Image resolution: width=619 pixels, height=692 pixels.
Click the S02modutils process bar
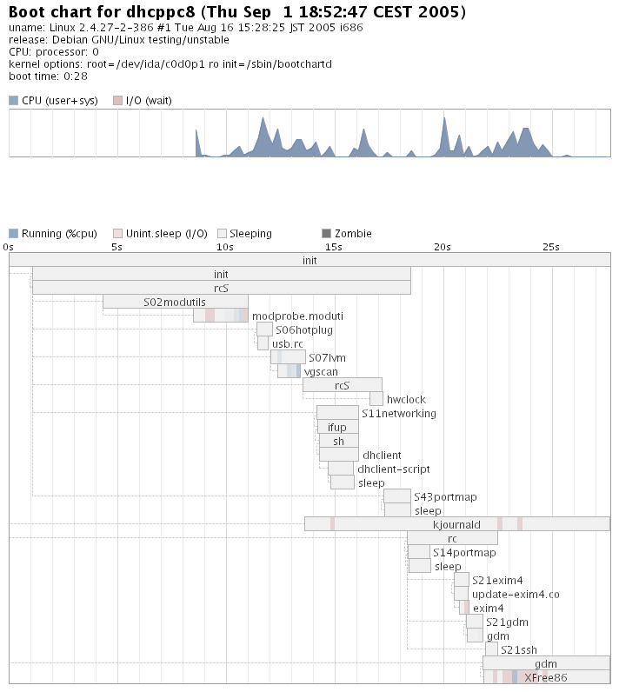175,302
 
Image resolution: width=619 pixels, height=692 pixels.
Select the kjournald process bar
456,524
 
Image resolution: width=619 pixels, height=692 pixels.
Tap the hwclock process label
406,399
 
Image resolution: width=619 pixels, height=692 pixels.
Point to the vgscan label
321,371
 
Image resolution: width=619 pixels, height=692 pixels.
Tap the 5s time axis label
117,247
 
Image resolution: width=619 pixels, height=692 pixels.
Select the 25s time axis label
550,247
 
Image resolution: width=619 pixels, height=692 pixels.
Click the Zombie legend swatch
327,234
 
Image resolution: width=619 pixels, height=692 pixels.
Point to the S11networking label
399,413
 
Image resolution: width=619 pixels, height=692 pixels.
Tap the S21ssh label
519,649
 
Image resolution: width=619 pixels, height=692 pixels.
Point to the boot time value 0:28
76,77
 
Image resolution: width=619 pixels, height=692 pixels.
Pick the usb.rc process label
287,343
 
